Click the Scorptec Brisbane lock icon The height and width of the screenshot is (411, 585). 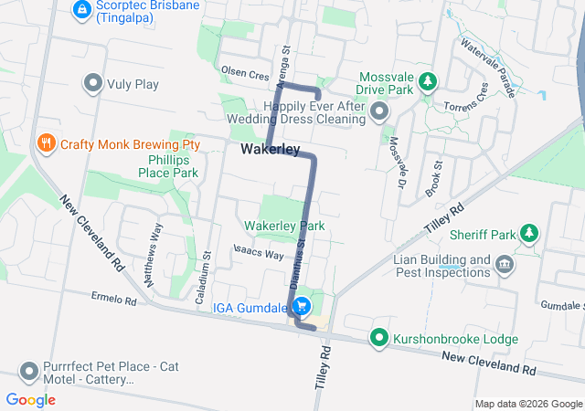click(81, 9)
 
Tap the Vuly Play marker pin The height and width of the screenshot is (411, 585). click(92, 85)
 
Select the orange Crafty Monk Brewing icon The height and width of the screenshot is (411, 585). click(45, 143)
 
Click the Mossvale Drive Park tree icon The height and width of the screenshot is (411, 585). click(427, 84)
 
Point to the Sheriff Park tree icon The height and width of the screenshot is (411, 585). click(529, 235)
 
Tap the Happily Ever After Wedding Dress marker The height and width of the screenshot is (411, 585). click(380, 113)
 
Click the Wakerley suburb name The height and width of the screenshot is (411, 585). click(271, 149)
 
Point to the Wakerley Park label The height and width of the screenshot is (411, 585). click(284, 226)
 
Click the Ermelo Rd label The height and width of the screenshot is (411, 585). click(113, 299)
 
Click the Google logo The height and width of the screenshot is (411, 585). click(31, 400)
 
